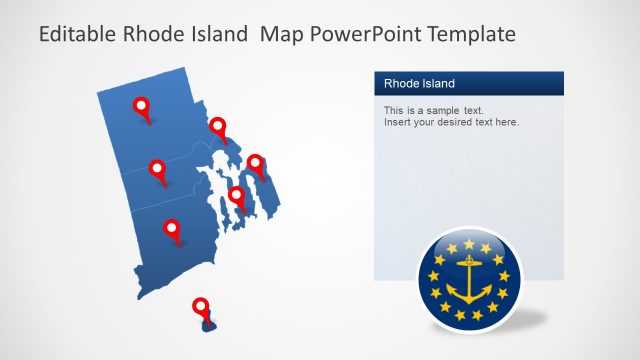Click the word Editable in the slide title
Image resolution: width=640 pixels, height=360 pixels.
78,35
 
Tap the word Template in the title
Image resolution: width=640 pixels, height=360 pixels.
470,35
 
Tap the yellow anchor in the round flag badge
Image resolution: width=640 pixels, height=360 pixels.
469,280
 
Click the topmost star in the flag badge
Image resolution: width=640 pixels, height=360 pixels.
469,243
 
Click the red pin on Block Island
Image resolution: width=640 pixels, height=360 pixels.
201,306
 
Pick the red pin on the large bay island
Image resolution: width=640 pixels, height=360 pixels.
237,195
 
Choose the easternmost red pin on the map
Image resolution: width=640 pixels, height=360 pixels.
255,163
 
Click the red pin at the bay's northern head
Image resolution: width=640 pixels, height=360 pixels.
217,126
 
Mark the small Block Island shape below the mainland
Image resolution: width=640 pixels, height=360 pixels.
208,323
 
